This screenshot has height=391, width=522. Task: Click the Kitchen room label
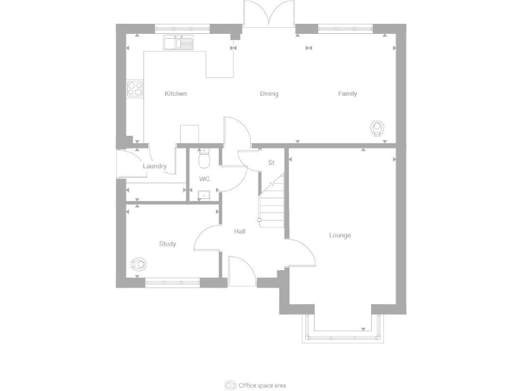click(175, 94)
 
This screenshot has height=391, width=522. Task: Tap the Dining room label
click(269, 94)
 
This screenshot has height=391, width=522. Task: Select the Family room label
click(347, 94)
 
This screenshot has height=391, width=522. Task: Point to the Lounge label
click(340, 236)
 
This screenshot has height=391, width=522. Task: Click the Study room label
click(167, 244)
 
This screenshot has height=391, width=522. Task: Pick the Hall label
click(240, 231)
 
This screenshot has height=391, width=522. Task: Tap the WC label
click(204, 179)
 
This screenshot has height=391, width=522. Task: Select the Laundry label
click(155, 166)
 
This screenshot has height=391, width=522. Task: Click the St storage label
click(271, 163)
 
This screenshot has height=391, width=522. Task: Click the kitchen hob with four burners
click(135, 88)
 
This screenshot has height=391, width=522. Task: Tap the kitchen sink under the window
click(178, 43)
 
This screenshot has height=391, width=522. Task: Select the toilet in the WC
click(203, 159)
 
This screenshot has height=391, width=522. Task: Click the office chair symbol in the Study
click(139, 263)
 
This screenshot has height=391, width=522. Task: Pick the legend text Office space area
click(262, 386)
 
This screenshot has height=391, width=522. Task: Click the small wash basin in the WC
click(203, 195)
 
